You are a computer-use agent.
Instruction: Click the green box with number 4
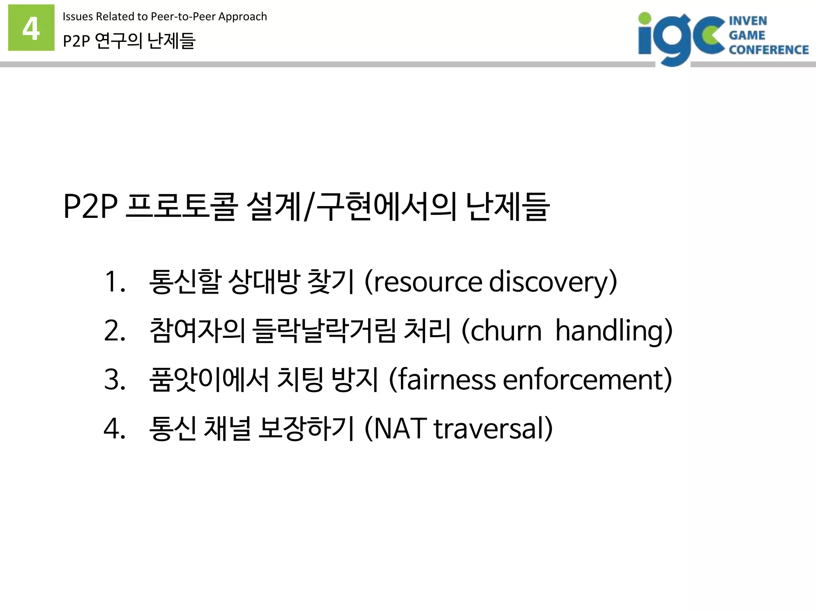(x=31, y=27)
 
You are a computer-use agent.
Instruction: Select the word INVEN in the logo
(x=747, y=21)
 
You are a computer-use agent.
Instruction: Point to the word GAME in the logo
(x=747, y=35)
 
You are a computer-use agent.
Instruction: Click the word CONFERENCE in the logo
(x=768, y=50)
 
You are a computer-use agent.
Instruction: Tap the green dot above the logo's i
(x=644, y=18)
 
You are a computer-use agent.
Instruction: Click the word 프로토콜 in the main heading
(x=181, y=206)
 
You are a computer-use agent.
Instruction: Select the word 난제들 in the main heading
(x=508, y=206)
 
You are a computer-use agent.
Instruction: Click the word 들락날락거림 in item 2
(x=324, y=331)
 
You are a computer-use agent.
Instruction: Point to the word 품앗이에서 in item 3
(x=209, y=380)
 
